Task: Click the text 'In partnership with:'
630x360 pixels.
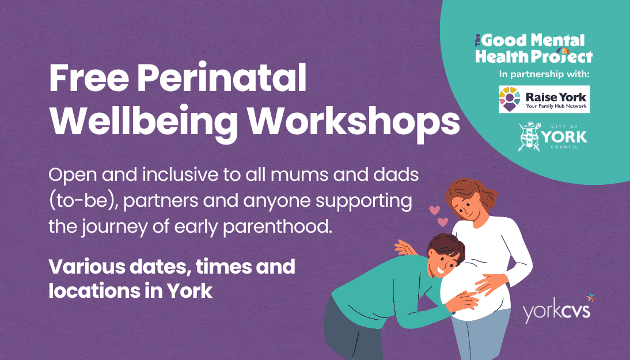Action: [544, 74]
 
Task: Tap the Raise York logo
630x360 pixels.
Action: [544, 99]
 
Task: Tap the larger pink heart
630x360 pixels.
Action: [442, 221]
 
